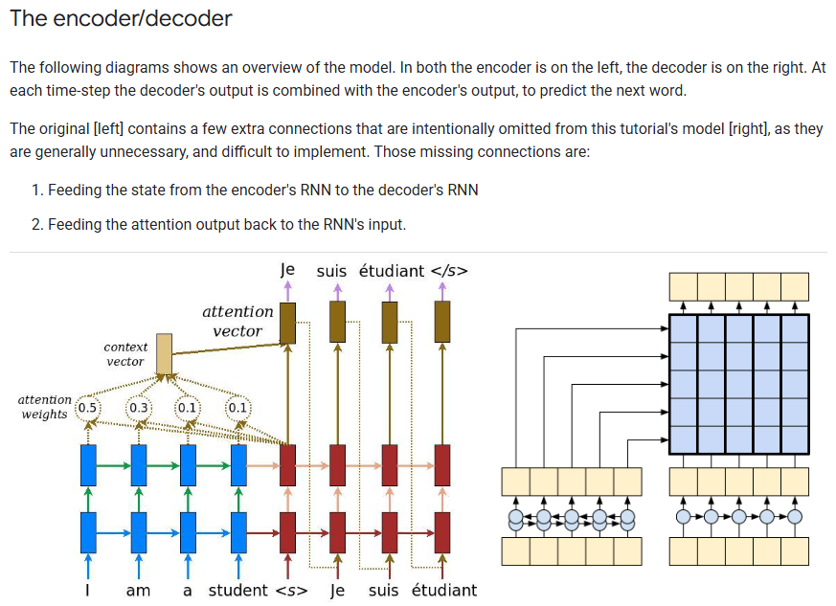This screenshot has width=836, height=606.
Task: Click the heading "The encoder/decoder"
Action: [121, 18]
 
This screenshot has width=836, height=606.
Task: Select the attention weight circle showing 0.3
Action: [139, 407]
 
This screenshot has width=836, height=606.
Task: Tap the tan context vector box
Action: [164, 354]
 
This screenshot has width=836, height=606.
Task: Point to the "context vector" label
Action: [125, 354]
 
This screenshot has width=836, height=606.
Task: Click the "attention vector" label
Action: [237, 321]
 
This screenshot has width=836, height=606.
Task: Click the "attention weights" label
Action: [45, 407]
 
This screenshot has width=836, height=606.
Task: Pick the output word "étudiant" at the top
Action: [391, 271]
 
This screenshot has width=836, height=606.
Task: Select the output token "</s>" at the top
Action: [449, 271]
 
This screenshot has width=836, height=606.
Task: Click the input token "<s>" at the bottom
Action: [291, 590]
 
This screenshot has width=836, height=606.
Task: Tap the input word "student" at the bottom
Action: [238, 590]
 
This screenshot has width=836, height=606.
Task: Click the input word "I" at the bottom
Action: [88, 590]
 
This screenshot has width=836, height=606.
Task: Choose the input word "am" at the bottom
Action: [138, 590]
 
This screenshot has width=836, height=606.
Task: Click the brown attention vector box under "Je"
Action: [287, 323]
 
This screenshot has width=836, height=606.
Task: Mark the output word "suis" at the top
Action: [331, 271]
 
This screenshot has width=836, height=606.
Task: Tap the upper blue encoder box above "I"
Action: [88, 465]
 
